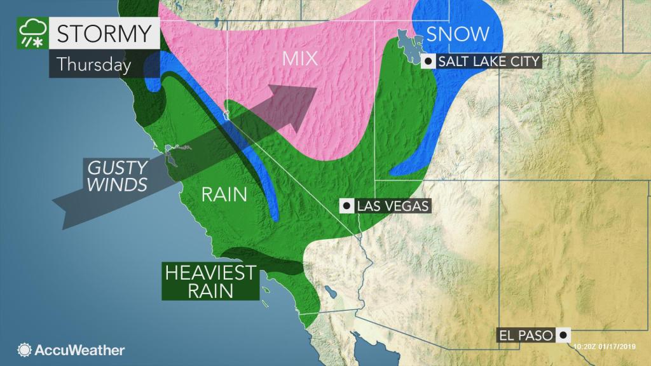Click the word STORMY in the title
104,32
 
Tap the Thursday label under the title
93,65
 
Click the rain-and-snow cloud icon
32,33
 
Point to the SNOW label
458,34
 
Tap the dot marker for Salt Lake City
429,62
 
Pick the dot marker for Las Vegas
347,206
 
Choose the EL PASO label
525,334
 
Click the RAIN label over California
224,194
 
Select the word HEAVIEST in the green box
210,273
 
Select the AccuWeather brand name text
80,350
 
